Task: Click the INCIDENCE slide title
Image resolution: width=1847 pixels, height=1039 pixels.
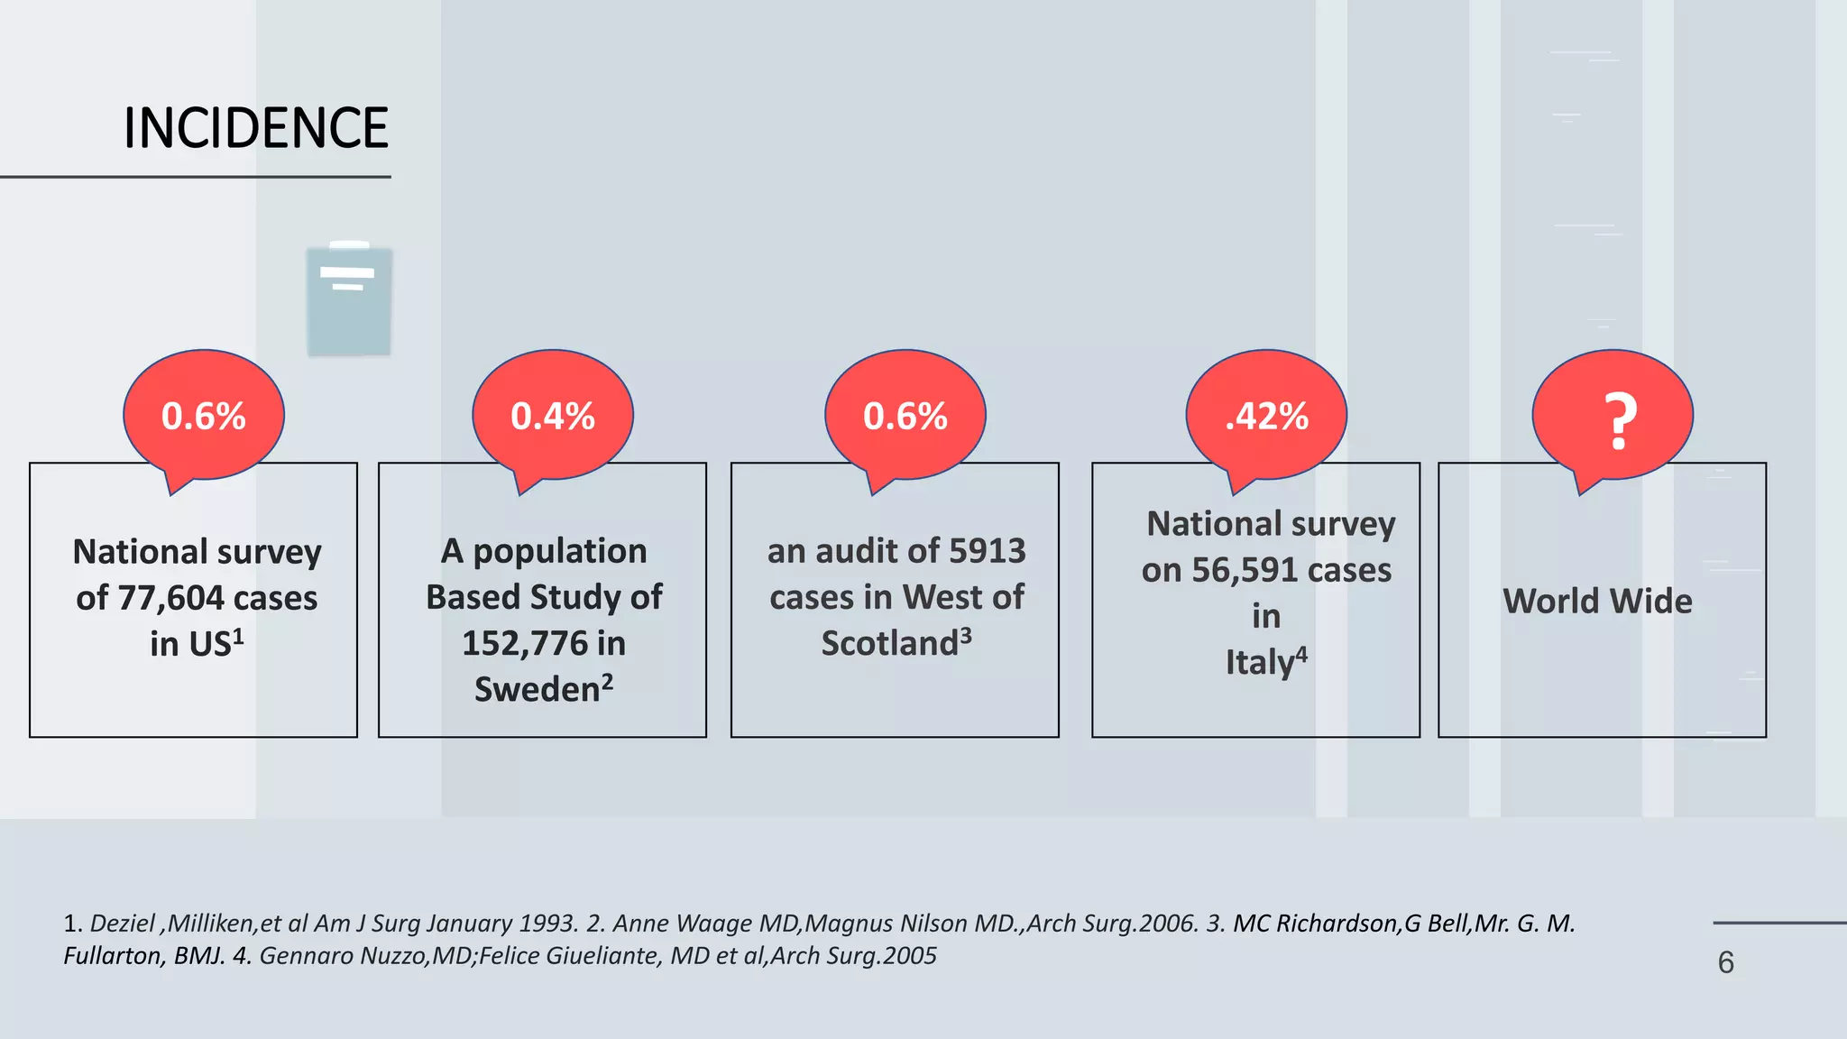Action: tap(256, 127)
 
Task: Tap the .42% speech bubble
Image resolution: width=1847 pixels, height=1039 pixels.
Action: tap(1266, 416)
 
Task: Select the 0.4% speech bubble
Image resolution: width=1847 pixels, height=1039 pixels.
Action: tap(553, 416)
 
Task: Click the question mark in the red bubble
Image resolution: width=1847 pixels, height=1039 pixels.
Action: tap(1620, 421)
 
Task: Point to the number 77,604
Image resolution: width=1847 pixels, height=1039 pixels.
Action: tap(170, 599)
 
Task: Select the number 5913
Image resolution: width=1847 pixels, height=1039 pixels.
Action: tap(988, 551)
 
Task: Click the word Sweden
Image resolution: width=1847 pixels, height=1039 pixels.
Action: tap(538, 690)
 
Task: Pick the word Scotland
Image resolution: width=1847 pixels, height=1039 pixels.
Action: tap(889, 644)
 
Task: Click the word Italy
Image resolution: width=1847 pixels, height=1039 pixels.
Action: tap(1260, 663)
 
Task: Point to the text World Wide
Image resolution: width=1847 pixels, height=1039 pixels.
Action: tap(1597, 602)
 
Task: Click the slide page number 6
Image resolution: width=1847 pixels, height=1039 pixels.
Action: tap(1725, 962)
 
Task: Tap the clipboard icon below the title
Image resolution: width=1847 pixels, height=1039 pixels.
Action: tap(349, 299)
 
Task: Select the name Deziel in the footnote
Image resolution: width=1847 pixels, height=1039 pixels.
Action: tap(123, 924)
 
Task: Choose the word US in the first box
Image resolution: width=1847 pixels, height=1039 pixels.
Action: tap(209, 645)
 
